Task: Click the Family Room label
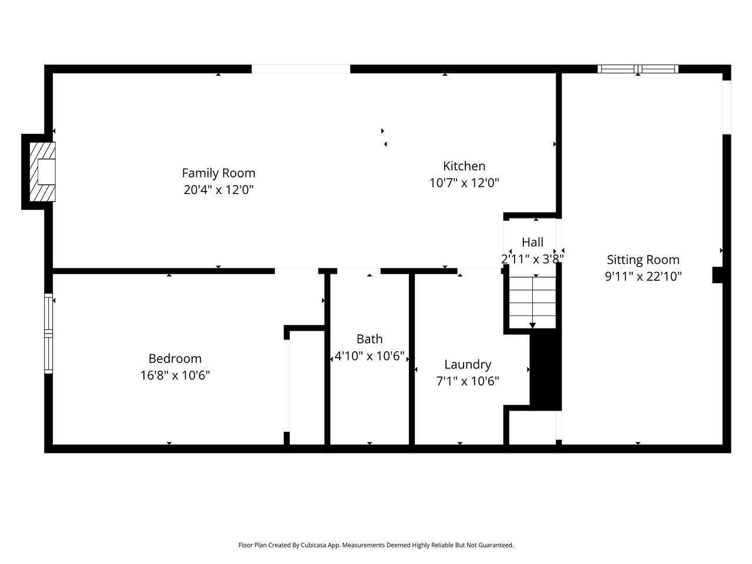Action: (219, 173)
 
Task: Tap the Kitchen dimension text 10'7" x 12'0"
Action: (464, 183)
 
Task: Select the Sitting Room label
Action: (643, 260)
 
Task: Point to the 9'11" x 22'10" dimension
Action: (643, 276)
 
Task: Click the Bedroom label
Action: (174, 358)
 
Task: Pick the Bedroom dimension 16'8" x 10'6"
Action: (174, 375)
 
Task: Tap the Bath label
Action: (370, 339)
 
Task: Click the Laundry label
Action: (468, 364)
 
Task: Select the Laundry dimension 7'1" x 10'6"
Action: (468, 381)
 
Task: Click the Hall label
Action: (532, 242)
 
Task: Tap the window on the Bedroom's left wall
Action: (49, 333)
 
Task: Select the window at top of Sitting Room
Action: (638, 69)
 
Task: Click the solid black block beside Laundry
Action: (545, 370)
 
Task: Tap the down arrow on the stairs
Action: (533, 325)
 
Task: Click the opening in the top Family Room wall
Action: (301, 69)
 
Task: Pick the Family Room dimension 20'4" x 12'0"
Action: (219, 190)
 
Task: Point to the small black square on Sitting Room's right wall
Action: (717, 275)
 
